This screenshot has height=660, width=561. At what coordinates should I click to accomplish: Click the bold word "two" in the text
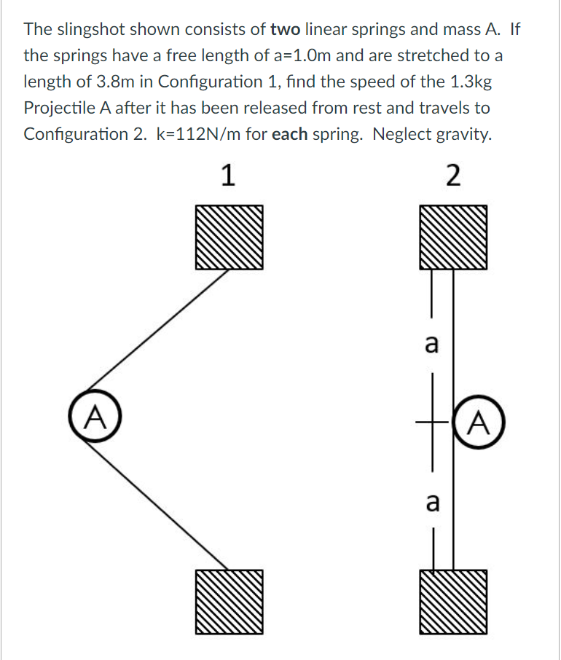click(285, 30)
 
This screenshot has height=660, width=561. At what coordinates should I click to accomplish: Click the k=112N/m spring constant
click(208, 134)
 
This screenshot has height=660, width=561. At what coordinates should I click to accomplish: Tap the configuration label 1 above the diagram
click(227, 176)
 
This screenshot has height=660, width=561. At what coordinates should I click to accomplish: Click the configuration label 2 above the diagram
click(452, 176)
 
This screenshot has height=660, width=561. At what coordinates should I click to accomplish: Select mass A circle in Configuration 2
click(478, 421)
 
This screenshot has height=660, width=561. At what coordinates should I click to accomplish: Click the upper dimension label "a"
click(431, 342)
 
